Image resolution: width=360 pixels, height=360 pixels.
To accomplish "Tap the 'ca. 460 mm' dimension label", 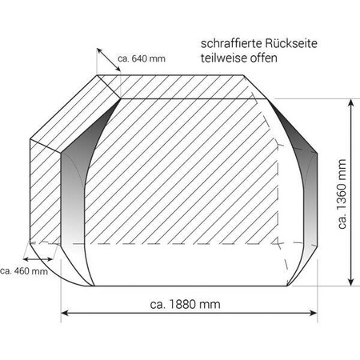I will point(23,272).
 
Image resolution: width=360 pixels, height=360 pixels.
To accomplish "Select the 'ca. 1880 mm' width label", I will point(185,304).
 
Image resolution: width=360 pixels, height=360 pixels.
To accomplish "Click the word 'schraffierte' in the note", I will point(227,46).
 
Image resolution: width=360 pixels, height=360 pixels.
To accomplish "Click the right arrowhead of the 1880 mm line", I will point(315,314).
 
